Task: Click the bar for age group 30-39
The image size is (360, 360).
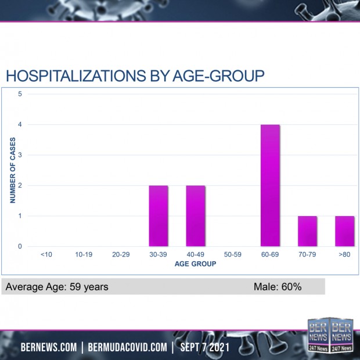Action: point(159,216)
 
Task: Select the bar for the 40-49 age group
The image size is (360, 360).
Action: point(196,216)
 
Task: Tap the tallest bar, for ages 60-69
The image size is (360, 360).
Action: point(270,186)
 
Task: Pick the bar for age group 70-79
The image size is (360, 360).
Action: point(307,231)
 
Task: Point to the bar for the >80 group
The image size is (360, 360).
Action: point(344,231)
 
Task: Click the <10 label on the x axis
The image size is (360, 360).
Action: point(47,254)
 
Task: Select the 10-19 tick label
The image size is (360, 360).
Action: point(84,254)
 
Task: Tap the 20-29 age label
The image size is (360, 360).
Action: point(121,254)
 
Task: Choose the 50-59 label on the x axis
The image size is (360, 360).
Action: point(233,254)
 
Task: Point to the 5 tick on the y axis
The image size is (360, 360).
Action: point(20,94)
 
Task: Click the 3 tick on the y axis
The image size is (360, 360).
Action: point(20,155)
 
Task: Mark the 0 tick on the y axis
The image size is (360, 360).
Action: point(20,247)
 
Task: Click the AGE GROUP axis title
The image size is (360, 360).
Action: point(196,264)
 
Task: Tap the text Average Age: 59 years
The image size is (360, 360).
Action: point(57,287)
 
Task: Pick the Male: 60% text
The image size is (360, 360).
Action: point(277,287)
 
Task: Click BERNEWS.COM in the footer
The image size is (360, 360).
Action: point(48,347)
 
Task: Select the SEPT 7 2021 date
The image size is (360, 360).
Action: point(206,347)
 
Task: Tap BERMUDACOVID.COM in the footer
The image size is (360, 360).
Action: point(127,347)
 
